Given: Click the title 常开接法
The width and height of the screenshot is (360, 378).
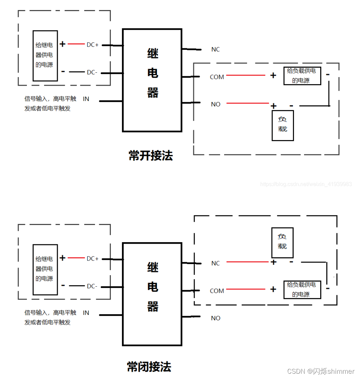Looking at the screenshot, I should pos(151,155).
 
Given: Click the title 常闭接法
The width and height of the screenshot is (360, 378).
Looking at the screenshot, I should pos(149,367).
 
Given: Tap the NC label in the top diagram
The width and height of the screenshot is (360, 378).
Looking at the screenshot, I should pos(215,49).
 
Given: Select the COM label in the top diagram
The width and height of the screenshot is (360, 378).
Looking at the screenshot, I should pos(217,77).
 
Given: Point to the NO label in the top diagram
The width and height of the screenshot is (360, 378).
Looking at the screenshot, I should pos(216,104).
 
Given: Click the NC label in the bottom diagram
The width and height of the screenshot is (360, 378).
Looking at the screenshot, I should pos(215,263).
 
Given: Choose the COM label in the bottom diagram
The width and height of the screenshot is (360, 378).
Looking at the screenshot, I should pos(217,291).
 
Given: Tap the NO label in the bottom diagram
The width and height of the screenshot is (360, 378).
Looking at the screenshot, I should pos(216,318).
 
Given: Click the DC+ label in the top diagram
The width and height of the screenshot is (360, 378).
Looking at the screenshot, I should pos(93,45).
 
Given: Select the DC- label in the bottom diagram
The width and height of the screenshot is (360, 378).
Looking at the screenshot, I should pos(92,286).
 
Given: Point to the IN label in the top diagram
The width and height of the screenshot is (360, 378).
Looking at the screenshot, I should pos(86,99).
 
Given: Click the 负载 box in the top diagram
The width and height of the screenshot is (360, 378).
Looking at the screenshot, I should pos(283,125).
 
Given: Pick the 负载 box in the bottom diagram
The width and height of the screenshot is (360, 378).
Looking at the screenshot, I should pos(282,243).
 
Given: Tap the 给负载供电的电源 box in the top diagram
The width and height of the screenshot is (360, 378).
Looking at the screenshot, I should pos(302,76).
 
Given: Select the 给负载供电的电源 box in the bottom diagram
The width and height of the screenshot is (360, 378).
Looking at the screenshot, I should pos(302,290).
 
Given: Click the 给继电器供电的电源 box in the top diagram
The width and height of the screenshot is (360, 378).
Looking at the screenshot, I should pos(45,56).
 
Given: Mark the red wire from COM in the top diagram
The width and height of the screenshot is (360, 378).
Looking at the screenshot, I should pos(246,75).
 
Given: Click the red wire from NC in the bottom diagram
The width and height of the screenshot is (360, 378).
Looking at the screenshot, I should pos(247,262).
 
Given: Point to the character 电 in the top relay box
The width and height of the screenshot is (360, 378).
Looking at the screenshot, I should pos(153,73).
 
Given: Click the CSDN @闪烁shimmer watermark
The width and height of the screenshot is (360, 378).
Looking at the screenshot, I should pos(321,372).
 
